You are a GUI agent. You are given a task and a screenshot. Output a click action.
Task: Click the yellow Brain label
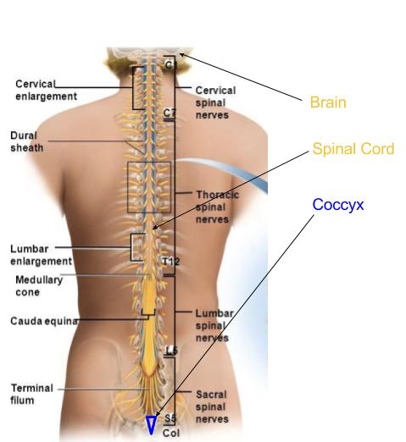(x=328, y=102)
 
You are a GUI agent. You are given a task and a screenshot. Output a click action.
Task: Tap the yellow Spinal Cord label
(x=353, y=149)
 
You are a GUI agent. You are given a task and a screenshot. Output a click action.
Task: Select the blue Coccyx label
(x=338, y=204)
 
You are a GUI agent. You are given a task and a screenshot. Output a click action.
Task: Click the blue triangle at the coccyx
(x=151, y=424)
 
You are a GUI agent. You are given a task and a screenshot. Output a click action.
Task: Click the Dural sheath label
(x=27, y=141)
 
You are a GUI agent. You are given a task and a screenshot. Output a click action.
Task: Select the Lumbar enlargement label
(x=41, y=255)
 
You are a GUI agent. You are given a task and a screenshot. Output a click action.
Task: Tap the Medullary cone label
(x=39, y=285)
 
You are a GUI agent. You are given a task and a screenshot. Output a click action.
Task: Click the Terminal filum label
(x=31, y=393)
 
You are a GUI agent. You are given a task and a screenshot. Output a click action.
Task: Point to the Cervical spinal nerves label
(x=215, y=102)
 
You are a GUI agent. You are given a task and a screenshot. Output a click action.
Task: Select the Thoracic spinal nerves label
(x=217, y=206)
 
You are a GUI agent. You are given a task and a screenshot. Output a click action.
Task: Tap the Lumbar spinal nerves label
(x=214, y=325)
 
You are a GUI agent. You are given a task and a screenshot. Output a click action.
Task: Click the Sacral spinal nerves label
(x=212, y=406)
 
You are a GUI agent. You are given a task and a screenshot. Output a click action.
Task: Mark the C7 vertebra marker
(x=170, y=113)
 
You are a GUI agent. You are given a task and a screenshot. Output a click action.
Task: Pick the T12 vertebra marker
(x=170, y=261)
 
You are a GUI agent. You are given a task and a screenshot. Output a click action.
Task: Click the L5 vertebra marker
(x=170, y=350)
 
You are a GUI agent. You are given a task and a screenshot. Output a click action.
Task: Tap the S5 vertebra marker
(x=170, y=418)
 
